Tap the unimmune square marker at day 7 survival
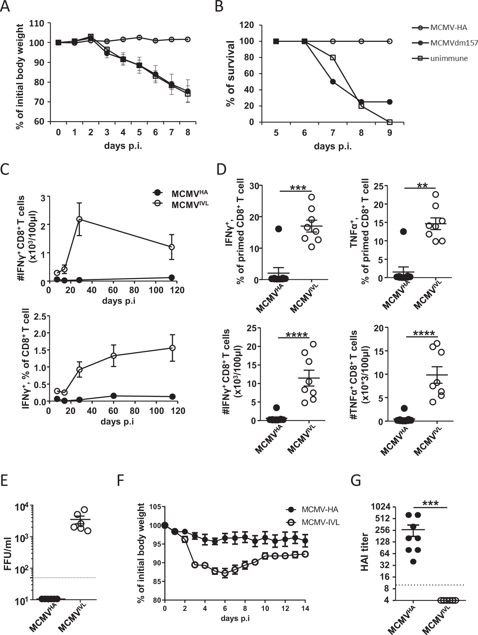tap(333, 58)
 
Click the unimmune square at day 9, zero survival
tap(390, 122)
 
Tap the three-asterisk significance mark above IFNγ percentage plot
tap(298, 188)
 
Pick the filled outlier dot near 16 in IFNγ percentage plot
tap(278, 229)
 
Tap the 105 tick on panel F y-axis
tap(156, 507)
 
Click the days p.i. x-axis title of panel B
tap(333, 147)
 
